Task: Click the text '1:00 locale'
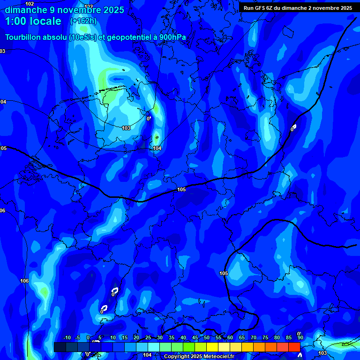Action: (33, 21)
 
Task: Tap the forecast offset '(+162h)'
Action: (83, 21)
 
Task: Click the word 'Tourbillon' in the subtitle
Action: (24, 37)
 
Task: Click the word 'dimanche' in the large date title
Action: (26, 9)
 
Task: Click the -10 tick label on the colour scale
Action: (67, 338)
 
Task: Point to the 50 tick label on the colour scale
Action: (207, 338)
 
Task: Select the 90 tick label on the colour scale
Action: (300, 338)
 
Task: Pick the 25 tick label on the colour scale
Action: (148, 338)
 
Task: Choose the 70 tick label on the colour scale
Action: (253, 338)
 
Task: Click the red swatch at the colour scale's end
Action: (294, 347)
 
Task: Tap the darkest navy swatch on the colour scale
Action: (60, 347)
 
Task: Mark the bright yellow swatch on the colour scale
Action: (212, 347)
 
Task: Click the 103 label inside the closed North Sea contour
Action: (126, 128)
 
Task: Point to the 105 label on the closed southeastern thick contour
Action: (224, 273)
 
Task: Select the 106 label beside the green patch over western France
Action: (24, 281)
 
